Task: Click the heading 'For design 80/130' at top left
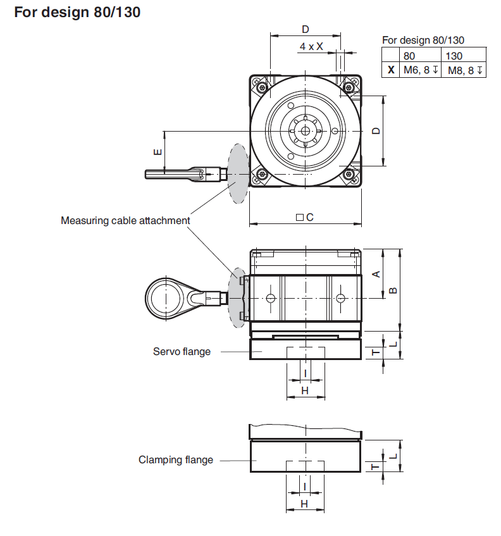(77, 12)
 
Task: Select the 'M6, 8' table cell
(421, 70)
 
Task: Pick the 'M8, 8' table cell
(464, 70)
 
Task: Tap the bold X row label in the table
(391, 70)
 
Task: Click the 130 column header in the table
(454, 56)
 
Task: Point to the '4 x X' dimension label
(311, 46)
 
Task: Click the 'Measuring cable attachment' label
(125, 220)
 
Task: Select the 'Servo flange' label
(182, 351)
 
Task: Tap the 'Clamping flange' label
(176, 460)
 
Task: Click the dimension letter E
(158, 152)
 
